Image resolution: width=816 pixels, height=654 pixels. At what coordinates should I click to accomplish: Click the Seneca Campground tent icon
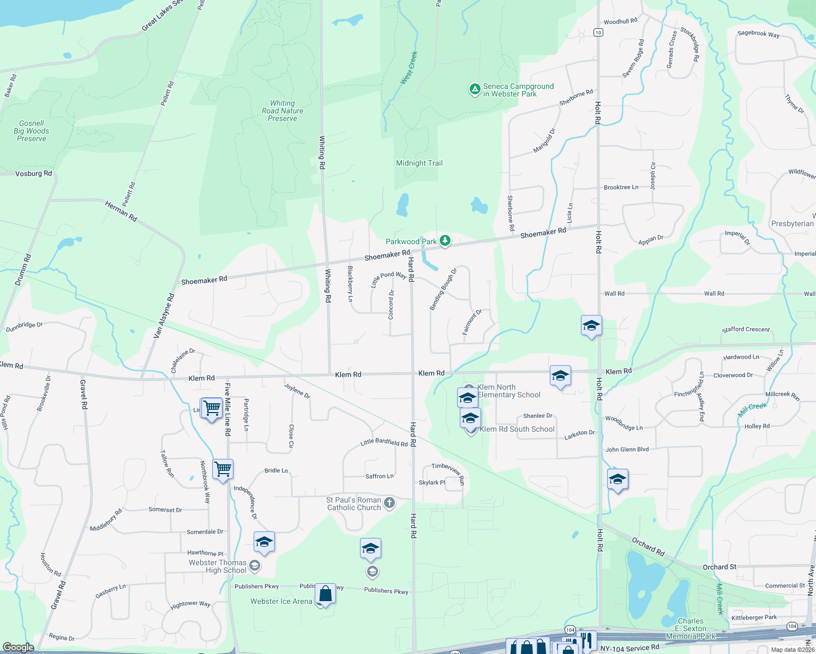tap(475, 89)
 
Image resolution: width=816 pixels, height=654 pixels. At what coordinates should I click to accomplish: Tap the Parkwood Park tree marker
tap(445, 240)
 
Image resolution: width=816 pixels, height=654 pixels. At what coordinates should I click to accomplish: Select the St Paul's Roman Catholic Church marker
tap(389, 502)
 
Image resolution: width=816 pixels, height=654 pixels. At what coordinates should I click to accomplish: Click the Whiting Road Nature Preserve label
tap(283, 111)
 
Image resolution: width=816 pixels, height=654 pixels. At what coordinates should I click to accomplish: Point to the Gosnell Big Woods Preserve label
tap(32, 131)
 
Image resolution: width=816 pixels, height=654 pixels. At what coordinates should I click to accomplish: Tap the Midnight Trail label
tap(419, 163)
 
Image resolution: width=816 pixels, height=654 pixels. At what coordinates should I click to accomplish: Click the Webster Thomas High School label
tap(218, 566)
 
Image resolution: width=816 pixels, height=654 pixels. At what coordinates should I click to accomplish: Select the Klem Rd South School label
tap(517, 429)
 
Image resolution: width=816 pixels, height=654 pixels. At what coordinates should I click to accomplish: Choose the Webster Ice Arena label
tap(281, 601)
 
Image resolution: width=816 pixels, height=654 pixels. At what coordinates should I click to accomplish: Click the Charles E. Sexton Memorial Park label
tap(691, 628)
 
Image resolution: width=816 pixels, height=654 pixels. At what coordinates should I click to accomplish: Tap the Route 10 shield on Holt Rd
tap(598, 33)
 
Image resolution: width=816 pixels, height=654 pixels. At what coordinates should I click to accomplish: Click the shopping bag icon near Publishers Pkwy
tap(325, 594)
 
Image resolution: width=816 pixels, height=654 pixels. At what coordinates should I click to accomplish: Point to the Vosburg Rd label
tap(33, 173)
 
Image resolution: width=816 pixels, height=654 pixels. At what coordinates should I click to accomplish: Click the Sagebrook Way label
tap(758, 34)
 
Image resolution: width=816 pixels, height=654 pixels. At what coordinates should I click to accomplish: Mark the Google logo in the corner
tap(18, 647)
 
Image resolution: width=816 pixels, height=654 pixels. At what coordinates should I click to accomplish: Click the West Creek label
tap(409, 68)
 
